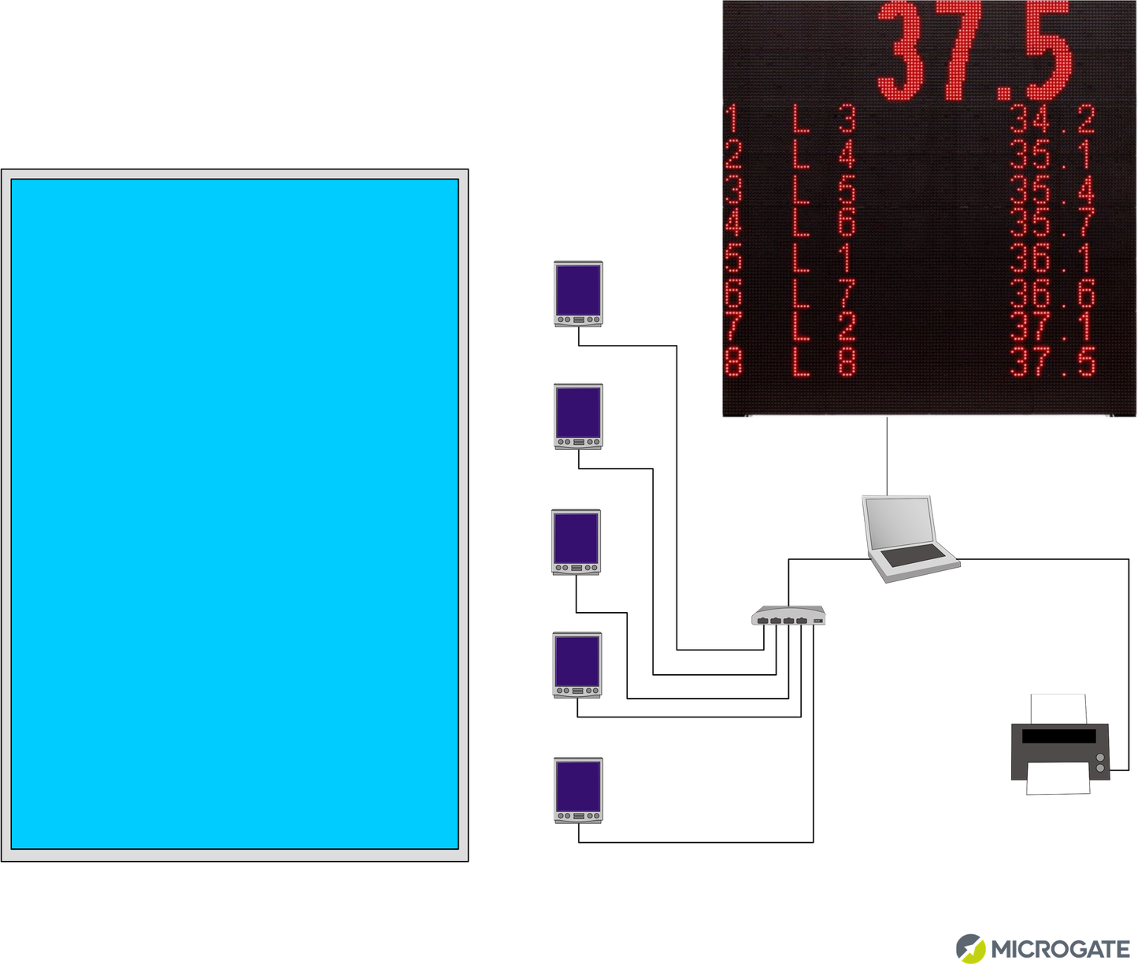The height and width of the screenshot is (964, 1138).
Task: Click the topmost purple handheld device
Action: pyautogui.click(x=578, y=293)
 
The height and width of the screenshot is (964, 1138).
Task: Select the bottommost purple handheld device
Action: pyautogui.click(x=578, y=789)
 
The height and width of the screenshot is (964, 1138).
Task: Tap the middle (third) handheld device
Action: pyautogui.click(x=576, y=541)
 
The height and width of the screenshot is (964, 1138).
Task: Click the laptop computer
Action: pyautogui.click(x=910, y=539)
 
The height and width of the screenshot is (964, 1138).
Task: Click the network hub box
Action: pyautogui.click(x=788, y=615)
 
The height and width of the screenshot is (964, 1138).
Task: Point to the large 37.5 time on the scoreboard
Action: pyautogui.click(x=975, y=52)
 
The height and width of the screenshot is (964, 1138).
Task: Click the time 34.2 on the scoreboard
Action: pyautogui.click(x=1052, y=120)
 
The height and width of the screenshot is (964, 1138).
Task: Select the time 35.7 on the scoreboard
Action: pyautogui.click(x=1052, y=224)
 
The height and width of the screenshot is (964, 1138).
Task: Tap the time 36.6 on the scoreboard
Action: pyautogui.click(x=1052, y=295)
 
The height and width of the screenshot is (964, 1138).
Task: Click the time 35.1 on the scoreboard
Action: pyautogui.click(x=1052, y=155)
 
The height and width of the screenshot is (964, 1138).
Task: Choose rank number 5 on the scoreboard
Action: pyautogui.click(x=733, y=259)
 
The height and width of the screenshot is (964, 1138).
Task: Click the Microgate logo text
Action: pyautogui.click(x=1060, y=949)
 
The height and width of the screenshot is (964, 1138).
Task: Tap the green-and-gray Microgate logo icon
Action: pyautogui.click(x=970, y=948)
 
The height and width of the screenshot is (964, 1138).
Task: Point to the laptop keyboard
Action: pyautogui.click(x=913, y=555)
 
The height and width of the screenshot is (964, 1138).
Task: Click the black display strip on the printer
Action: pyautogui.click(x=1058, y=736)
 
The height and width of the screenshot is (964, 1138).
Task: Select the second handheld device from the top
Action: pyautogui.click(x=578, y=416)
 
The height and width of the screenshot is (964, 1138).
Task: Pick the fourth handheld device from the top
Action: pyautogui.click(x=577, y=665)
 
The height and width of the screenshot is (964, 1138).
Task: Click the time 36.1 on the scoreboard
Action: pyautogui.click(x=1052, y=259)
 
